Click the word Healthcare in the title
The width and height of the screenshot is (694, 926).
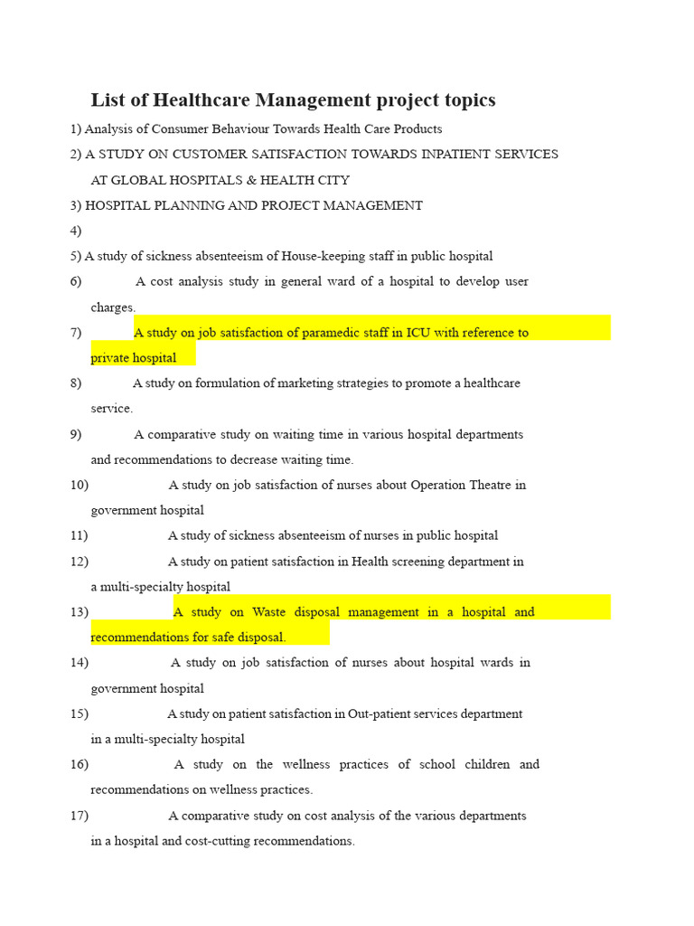click(x=202, y=99)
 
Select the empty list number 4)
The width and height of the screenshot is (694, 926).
click(x=76, y=231)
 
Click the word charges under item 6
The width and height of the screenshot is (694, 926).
click(x=112, y=307)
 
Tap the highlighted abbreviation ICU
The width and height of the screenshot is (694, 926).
click(x=418, y=333)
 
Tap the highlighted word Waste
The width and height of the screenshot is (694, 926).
click(x=269, y=612)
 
